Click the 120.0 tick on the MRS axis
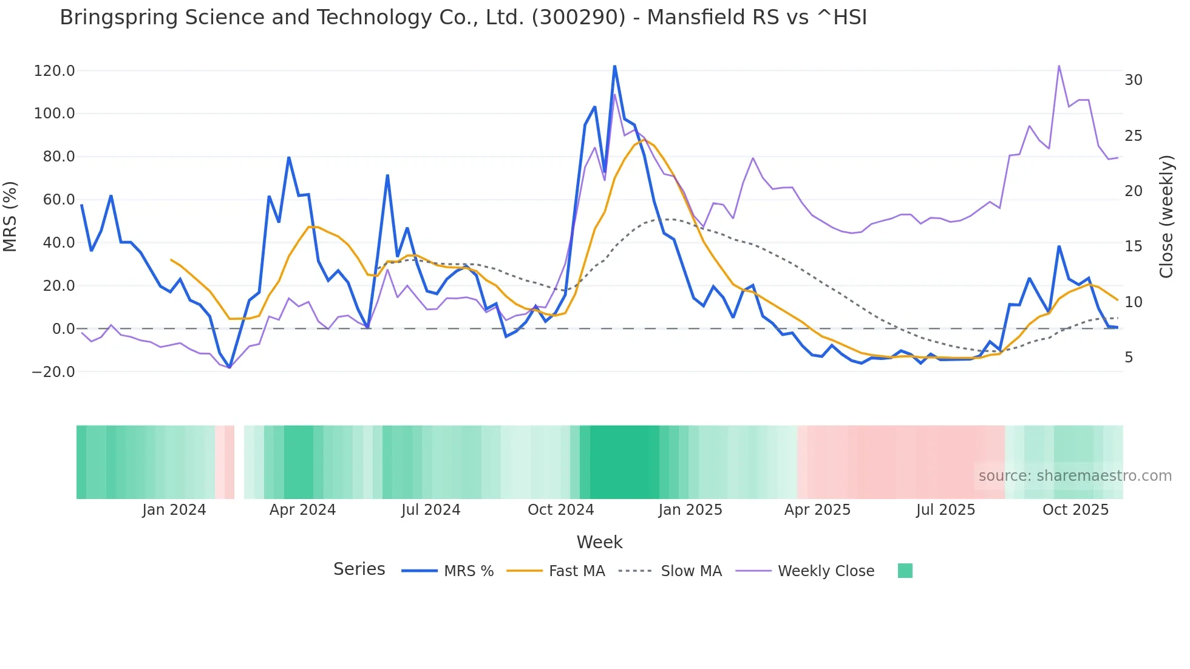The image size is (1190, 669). [54, 71]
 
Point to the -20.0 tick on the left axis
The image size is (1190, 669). [53, 372]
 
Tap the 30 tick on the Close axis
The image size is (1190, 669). [1133, 80]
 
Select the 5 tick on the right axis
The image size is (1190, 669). [1129, 358]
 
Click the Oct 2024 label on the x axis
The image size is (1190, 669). [560, 510]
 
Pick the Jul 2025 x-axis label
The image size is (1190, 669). [945, 510]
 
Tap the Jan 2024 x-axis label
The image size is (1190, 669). [174, 510]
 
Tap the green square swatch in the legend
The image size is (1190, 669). [905, 571]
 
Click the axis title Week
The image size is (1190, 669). [599, 542]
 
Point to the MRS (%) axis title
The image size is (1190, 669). [10, 217]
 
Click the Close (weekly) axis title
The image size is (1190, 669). [1166, 217]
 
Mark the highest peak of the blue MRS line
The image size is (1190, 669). [614, 66]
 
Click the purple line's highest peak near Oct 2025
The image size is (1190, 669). [1059, 66]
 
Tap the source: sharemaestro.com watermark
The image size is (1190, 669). [1075, 476]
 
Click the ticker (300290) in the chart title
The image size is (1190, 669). [578, 18]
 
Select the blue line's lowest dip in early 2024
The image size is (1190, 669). [229, 367]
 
